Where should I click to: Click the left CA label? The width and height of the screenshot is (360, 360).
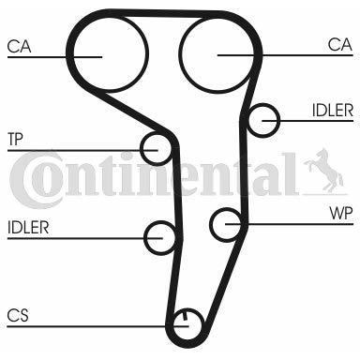19,47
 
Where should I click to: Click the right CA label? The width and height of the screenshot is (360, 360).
340,45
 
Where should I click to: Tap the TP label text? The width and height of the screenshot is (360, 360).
15,139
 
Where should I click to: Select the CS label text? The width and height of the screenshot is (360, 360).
18,315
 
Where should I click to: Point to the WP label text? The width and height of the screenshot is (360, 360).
341,214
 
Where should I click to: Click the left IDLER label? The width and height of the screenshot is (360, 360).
28,228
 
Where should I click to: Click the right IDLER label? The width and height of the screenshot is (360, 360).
333,111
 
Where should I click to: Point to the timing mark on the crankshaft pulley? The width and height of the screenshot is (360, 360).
185,315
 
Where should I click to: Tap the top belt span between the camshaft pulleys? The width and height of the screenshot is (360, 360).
162,13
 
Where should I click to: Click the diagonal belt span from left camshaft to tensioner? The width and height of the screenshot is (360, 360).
133,111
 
